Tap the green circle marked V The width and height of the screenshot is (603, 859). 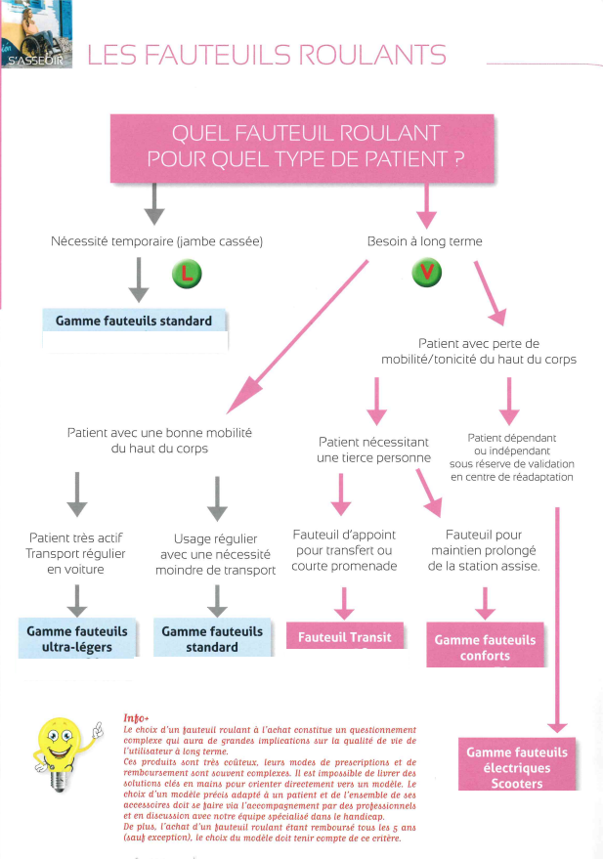(x=425, y=274)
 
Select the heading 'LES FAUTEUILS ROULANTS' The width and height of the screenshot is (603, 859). (x=267, y=55)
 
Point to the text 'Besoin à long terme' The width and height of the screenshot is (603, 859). (x=424, y=240)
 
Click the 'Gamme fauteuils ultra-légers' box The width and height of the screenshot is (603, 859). (x=76, y=638)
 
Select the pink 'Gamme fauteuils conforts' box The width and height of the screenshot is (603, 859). (x=485, y=647)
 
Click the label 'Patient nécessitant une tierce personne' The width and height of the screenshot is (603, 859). (x=374, y=450)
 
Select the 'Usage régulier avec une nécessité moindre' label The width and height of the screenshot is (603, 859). (x=216, y=554)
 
